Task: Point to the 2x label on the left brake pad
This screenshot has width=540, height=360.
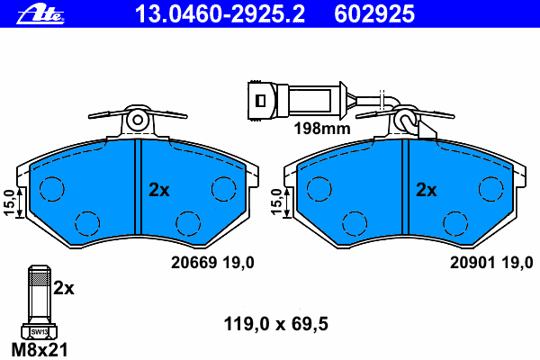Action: tap(159, 190)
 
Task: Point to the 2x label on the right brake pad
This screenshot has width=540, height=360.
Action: tap(427, 190)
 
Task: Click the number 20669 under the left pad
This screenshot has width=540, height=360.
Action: tap(191, 263)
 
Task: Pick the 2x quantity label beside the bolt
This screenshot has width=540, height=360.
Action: tap(63, 289)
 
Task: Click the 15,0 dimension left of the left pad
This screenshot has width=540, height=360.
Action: tap(9, 203)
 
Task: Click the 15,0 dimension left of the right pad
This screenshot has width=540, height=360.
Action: tap(276, 203)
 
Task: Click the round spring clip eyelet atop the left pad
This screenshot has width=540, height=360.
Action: tap(137, 118)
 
